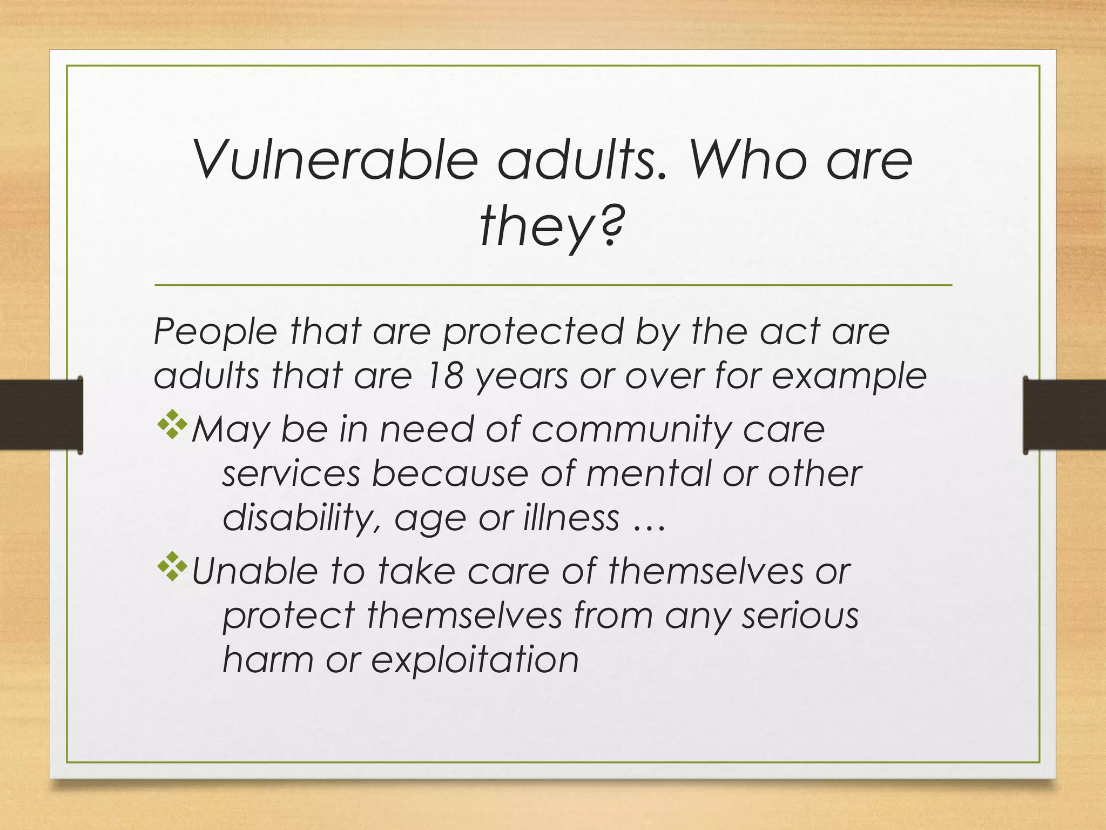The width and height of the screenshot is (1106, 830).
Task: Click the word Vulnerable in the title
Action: click(335, 160)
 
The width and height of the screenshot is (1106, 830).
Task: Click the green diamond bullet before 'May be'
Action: click(172, 425)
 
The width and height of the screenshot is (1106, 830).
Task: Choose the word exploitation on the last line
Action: click(475, 660)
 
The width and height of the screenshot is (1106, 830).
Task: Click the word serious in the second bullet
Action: click(799, 615)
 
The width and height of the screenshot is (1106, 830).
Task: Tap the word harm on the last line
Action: click(268, 660)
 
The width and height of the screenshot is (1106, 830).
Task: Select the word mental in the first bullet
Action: click(649, 474)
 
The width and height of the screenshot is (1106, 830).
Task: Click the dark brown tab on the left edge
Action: click(41, 414)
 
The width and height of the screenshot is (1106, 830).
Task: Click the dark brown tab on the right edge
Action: click(1064, 414)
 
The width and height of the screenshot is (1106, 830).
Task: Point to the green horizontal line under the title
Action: click(552, 285)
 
